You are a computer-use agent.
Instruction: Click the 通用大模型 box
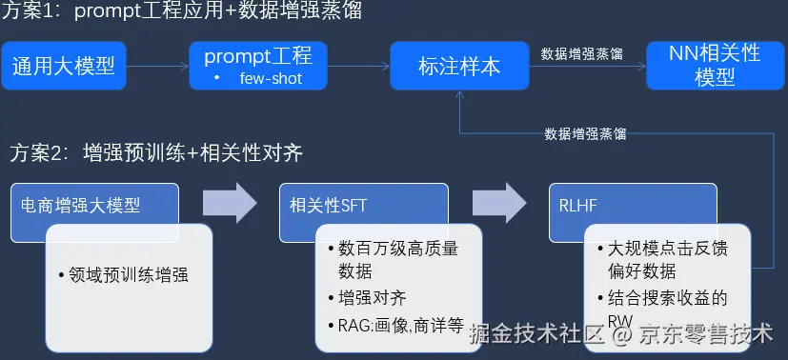click(x=63, y=66)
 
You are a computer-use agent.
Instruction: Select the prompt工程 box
click(x=258, y=56)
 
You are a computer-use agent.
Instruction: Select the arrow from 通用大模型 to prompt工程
click(x=157, y=67)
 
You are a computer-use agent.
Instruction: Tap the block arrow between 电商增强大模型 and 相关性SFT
click(x=230, y=201)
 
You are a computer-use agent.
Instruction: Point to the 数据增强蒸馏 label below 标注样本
click(x=585, y=133)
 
